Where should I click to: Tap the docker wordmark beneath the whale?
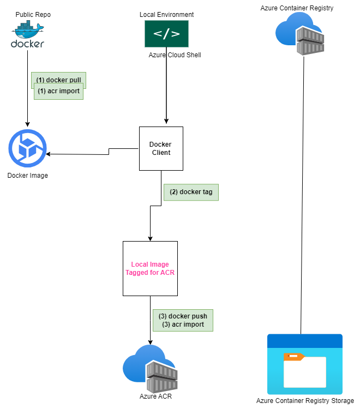tap(27, 43)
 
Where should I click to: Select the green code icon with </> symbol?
tap(166, 34)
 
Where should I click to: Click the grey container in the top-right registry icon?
tap(310, 41)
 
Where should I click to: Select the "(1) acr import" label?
tap(58, 92)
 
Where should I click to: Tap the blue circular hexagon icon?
tap(27, 148)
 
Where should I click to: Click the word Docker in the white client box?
tap(160, 145)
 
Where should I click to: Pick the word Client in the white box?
tap(161, 153)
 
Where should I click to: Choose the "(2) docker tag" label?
tap(191, 192)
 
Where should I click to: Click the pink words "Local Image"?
tap(150, 264)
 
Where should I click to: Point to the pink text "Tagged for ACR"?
tap(150, 273)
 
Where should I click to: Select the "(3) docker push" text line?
tap(183, 316)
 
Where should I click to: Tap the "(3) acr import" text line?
tap(183, 324)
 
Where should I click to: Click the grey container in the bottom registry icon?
tap(162, 377)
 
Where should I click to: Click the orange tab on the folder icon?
tap(293, 357)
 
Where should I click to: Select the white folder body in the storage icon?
tap(305, 374)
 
